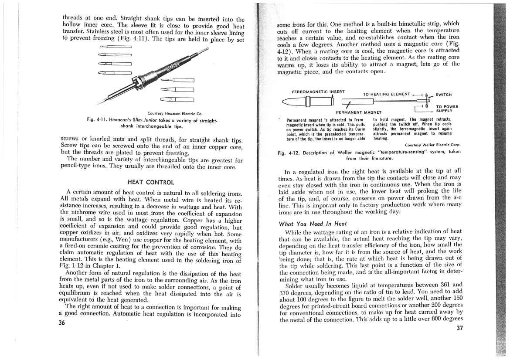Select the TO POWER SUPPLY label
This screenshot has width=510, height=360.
447,108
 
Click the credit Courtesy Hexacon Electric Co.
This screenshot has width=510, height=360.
160,112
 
